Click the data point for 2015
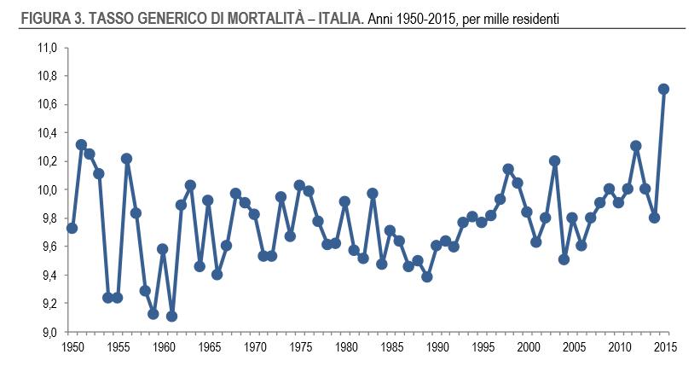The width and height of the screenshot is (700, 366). pos(663,89)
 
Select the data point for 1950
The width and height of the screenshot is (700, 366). pos(72,228)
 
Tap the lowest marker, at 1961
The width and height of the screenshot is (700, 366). pos(172,316)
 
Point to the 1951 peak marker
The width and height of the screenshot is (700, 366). pos(81,145)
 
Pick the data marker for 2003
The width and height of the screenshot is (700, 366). pos(554,160)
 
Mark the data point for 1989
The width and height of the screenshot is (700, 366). pos(426,276)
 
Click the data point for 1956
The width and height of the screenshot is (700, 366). pos(126,159)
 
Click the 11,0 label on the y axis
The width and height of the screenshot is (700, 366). pos(47,49)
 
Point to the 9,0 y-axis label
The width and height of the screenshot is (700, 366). pos(48,332)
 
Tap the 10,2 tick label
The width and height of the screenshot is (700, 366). pos(47,161)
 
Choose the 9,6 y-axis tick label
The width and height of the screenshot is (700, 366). pos(48,247)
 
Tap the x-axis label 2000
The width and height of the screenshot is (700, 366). pos(528,347)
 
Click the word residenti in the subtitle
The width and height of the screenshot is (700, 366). pos(533,17)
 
